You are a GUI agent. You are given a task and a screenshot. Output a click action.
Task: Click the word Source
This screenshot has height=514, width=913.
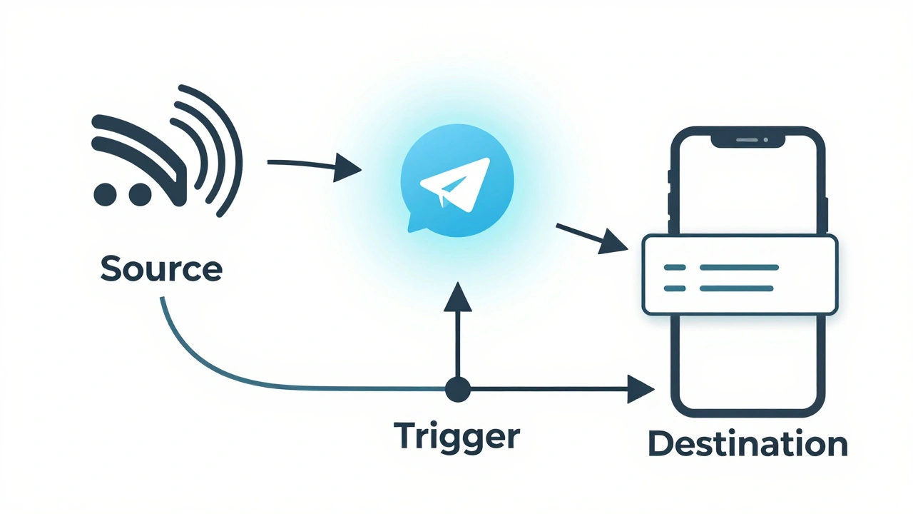pos(161,269)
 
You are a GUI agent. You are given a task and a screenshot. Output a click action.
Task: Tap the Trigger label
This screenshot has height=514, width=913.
pos(456,435)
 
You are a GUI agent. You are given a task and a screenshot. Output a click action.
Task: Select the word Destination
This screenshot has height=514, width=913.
pos(748,444)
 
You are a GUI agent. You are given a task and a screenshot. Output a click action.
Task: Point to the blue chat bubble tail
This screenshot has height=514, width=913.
pos(416,223)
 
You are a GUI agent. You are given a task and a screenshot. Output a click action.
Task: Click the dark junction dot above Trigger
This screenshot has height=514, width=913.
pos(457,390)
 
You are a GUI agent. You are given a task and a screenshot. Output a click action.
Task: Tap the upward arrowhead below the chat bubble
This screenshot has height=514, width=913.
pos(457,296)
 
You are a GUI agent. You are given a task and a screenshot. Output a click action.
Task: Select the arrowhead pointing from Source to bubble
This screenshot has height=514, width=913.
pos(347,169)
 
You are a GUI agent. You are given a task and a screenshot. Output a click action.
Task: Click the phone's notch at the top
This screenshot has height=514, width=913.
pos(748,140)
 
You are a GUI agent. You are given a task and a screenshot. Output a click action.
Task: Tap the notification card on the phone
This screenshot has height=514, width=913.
pos(740,275)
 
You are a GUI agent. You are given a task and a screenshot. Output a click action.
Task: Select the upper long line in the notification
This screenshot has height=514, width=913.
pos(739,267)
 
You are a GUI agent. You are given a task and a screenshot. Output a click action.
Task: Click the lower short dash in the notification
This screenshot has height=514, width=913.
pos(674,288)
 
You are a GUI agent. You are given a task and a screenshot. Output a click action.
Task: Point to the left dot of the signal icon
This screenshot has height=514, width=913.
pos(105,193)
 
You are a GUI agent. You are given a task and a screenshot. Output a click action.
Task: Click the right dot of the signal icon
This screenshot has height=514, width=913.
pos(138,193)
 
